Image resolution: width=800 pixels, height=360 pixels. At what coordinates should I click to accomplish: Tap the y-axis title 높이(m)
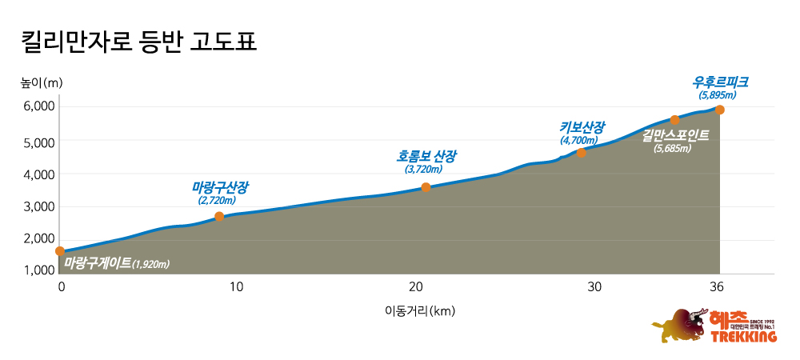(42, 82)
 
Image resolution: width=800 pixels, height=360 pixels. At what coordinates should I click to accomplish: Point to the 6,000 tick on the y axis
(38, 106)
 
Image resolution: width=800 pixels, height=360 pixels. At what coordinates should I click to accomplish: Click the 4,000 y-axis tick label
(38, 174)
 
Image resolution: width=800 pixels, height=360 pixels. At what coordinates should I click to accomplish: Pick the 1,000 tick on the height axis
(38, 270)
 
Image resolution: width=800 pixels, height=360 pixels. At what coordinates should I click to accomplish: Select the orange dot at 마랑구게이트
(60, 251)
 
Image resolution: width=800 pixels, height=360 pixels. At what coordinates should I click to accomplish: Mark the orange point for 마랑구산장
(219, 217)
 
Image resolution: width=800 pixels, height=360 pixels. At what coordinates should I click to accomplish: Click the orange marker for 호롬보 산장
(426, 187)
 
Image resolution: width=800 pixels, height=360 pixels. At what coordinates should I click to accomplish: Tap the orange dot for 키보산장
(582, 152)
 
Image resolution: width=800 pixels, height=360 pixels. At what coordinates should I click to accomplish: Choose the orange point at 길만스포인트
(674, 120)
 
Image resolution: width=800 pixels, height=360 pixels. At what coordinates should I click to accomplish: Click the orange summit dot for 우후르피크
(720, 110)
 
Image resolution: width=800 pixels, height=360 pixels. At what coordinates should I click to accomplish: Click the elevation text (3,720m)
(423, 170)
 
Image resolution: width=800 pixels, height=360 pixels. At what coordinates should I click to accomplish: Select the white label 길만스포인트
(675, 135)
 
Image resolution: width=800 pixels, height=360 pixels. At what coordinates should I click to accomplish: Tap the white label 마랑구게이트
(98, 262)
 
